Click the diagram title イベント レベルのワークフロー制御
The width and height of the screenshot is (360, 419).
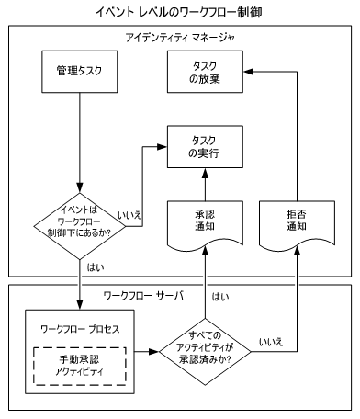coord(179,12)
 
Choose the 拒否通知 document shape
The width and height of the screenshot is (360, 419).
coord(297,224)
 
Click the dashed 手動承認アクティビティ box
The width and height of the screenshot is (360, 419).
coord(79,358)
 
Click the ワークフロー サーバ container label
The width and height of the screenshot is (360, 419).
coord(145,296)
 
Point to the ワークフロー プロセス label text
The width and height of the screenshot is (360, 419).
coord(79,327)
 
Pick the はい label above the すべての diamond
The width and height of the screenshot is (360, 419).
coord(220,297)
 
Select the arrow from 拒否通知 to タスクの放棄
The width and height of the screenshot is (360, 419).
coord(297,138)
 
